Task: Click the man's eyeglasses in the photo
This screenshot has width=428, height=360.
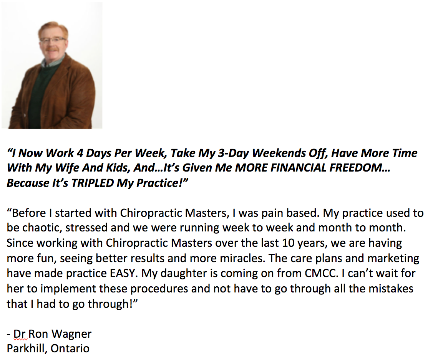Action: [x=53, y=40]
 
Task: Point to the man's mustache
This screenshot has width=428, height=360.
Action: [x=52, y=50]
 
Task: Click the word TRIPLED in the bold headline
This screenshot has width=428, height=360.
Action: [x=93, y=183]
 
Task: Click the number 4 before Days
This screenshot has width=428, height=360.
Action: [x=79, y=153]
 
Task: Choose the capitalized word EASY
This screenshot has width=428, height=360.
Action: [x=123, y=273]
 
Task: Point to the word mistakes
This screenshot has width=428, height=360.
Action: [x=391, y=289]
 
